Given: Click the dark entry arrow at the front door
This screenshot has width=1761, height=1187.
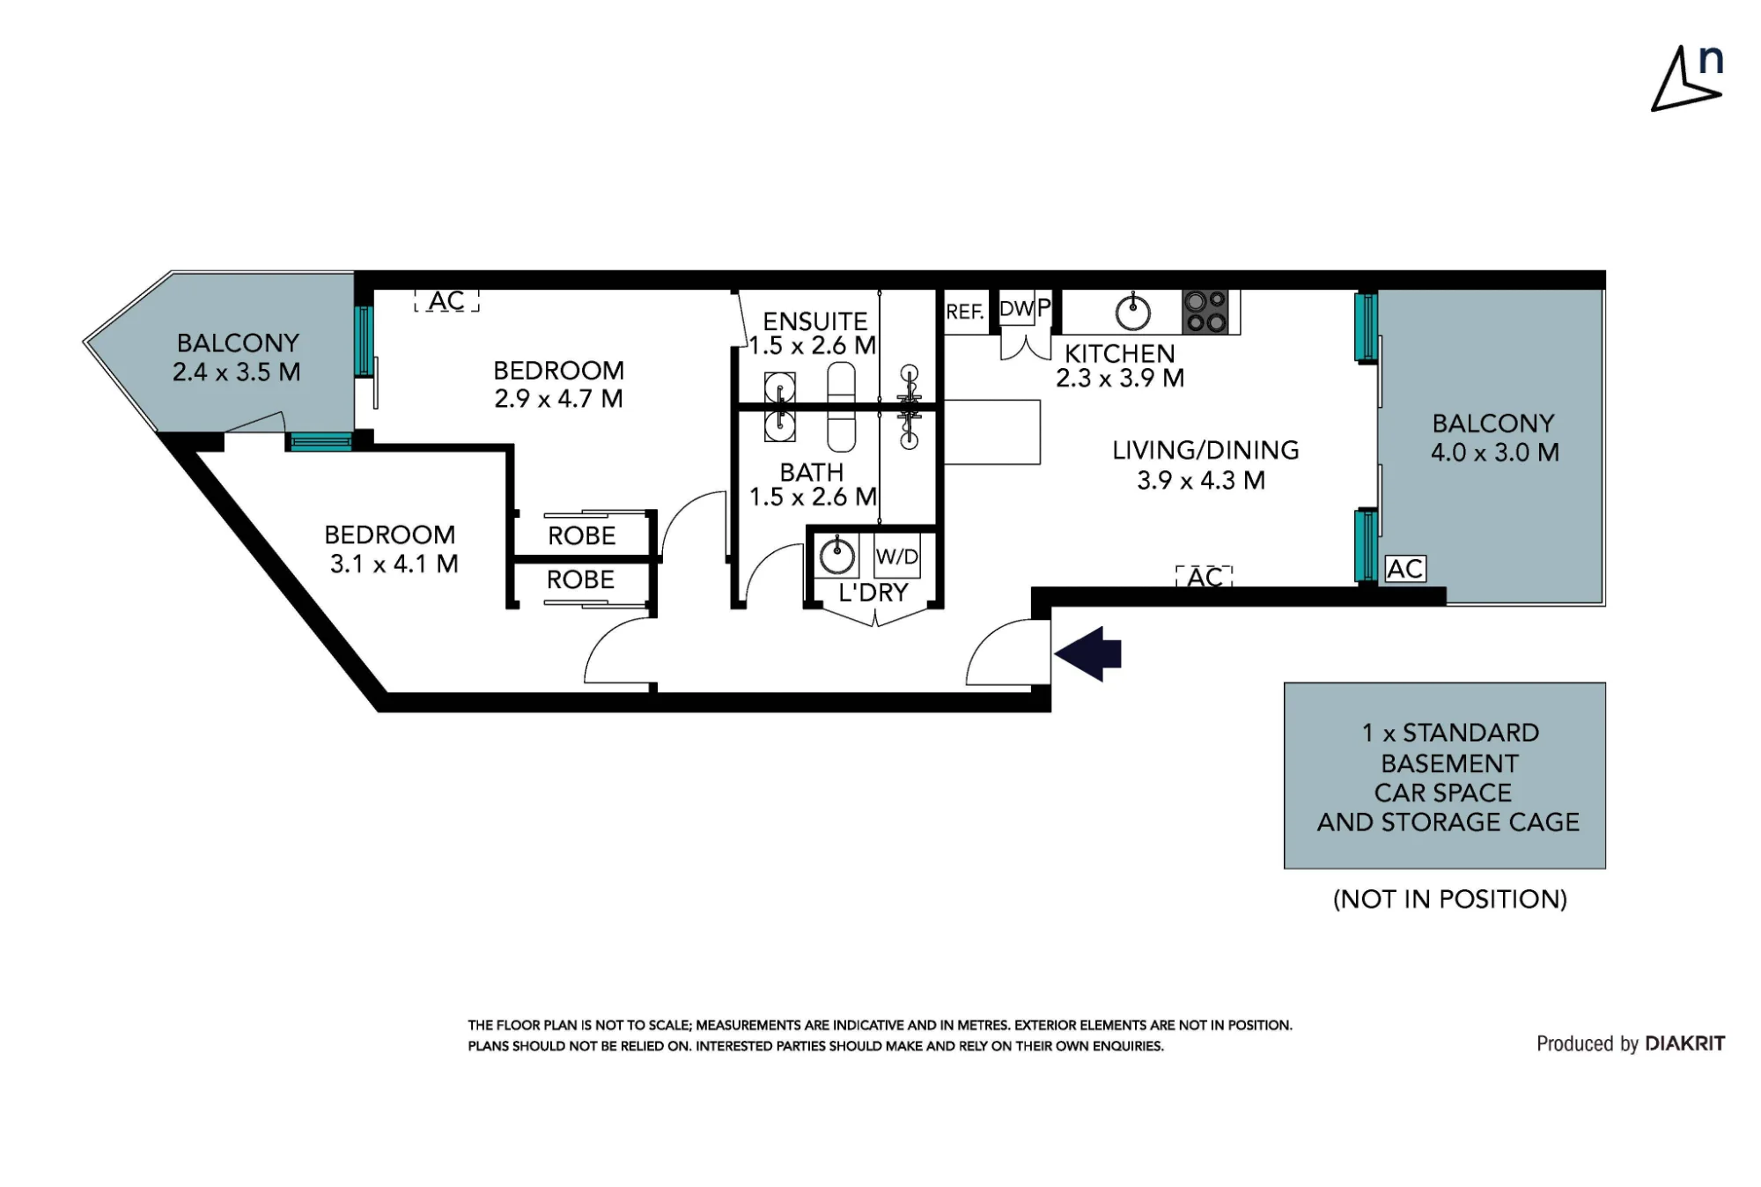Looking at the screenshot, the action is pos(1087,654).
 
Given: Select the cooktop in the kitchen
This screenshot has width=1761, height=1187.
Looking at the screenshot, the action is pos(1205,312).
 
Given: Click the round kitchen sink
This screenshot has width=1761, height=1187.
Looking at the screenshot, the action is pos(1133,312).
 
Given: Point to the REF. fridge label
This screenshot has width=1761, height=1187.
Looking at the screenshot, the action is pos(965,312).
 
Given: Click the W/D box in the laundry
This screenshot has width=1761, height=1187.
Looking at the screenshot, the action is pos(897,556).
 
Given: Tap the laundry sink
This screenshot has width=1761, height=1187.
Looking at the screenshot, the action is pos(836,556).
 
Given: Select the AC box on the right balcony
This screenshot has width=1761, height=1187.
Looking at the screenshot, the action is pos(1405,569).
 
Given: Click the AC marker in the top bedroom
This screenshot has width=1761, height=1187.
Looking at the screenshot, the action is pos(446,301).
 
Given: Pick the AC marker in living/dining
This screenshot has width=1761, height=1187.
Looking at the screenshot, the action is pos(1205,577).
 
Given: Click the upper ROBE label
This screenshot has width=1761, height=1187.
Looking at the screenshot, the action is pos(581,535).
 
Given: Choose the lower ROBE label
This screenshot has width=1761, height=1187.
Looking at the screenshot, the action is pos(580,579).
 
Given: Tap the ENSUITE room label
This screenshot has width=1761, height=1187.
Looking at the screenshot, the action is pos(815,321).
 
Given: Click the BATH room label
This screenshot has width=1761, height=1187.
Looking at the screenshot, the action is pos(812,472).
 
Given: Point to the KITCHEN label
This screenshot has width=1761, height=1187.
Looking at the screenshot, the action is pos(1120,354).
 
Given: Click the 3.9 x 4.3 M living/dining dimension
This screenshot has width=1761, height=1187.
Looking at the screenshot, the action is pos(1201,480).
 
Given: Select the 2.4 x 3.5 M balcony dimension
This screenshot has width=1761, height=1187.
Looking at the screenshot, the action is pos(236,372).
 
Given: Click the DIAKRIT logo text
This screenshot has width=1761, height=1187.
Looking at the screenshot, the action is pos(1684,1043).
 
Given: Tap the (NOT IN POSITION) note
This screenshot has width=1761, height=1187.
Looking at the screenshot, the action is pos(1450,899).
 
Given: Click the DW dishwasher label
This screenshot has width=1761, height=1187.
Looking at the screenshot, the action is pos(1017,309).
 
